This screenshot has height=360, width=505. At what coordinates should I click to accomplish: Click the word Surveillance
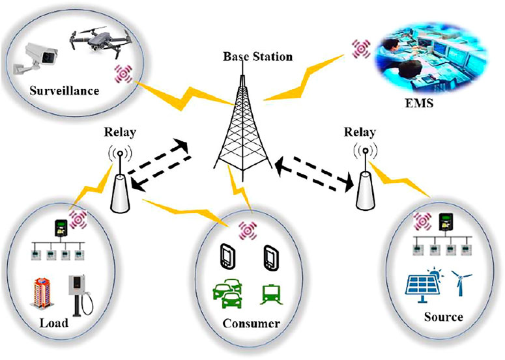(63, 90)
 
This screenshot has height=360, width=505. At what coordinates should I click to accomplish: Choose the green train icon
(269, 295)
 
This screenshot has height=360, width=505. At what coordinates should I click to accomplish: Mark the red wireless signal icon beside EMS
(360, 48)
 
